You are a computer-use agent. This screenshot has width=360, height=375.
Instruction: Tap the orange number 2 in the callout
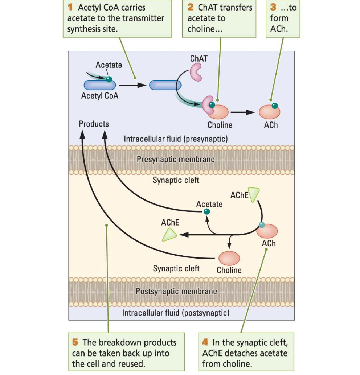tap(191, 8)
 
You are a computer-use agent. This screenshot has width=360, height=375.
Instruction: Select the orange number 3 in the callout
tap(273, 8)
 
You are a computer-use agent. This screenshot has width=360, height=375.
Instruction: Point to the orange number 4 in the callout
tap(205, 342)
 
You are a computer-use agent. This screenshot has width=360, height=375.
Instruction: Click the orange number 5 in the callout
tap(75, 342)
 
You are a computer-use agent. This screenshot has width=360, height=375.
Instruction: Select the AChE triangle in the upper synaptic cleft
tap(254, 194)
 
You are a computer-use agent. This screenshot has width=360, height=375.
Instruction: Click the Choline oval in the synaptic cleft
tap(229, 259)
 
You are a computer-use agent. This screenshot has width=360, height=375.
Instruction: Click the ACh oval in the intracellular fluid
tap(270, 112)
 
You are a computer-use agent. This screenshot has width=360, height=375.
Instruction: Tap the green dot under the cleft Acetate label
tap(206, 211)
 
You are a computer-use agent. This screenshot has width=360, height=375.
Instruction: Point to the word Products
tap(94, 124)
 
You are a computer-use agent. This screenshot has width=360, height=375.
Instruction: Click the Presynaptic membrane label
tap(176, 159)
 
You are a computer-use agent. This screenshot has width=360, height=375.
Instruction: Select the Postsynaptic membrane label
tap(176, 291)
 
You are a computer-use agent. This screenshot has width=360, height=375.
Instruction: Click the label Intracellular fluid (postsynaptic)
tap(176, 313)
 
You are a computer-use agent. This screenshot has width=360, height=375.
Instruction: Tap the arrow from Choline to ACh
tap(242, 112)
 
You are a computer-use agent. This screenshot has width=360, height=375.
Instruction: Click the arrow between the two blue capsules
tap(132, 85)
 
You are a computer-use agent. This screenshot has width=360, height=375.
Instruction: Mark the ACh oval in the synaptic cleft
tap(269, 231)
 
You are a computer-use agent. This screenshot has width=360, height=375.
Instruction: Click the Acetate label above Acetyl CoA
tap(109, 65)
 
